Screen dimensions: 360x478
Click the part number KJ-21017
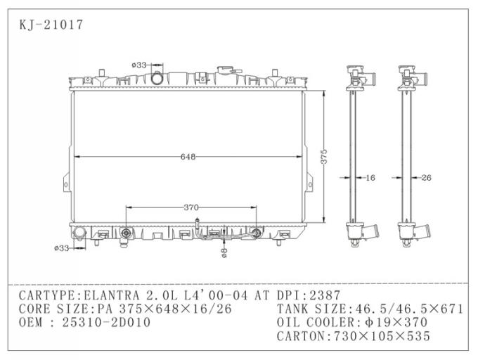pyautogui.click(x=51, y=25)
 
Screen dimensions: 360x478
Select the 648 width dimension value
pyautogui.click(x=187, y=157)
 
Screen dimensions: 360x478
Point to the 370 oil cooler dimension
pyautogui.click(x=191, y=207)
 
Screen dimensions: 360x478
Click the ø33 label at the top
pyautogui.click(x=138, y=65)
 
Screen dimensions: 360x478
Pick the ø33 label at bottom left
pyautogui.click(x=62, y=247)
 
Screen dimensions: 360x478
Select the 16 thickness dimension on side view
pyautogui.click(x=370, y=178)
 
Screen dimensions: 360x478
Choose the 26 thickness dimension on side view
pyautogui.click(x=425, y=178)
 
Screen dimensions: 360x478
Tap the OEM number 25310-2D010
pyautogui.click(x=106, y=322)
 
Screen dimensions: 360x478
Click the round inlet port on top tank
pyautogui.click(x=156, y=77)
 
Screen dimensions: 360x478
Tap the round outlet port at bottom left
pyautogui.click(x=79, y=232)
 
